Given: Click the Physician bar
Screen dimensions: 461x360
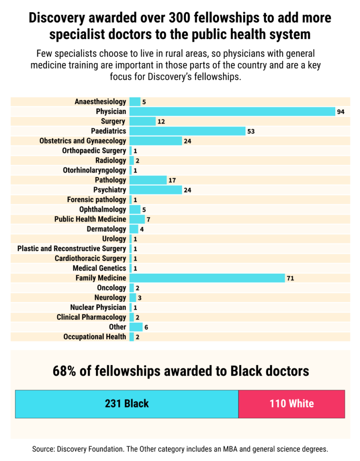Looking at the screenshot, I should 232,112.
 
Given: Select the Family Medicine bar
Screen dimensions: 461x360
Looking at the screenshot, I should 207,278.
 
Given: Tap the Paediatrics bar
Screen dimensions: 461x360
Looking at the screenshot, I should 188,131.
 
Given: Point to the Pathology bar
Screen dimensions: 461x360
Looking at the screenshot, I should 148,180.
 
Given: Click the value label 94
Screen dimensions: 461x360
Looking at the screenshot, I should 341,112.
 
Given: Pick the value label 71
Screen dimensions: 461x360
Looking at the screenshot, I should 290,278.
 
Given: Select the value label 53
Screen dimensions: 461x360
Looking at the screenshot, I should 251,131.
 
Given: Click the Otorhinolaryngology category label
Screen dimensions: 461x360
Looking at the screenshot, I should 94,170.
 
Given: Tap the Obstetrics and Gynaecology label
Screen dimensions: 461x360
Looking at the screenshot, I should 83,141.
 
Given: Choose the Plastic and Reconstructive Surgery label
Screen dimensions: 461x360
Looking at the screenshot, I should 72,249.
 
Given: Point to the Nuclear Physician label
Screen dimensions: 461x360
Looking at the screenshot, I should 98,307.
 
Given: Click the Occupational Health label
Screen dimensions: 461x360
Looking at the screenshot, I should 94,337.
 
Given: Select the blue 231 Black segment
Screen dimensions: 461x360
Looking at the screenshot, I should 126,403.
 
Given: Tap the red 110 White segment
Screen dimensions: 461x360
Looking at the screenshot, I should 292,403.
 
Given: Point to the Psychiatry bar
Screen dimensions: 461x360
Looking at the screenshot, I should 156,190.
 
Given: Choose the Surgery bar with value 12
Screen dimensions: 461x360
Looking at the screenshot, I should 142,122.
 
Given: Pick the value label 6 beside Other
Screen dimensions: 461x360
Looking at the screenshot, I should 147,327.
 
